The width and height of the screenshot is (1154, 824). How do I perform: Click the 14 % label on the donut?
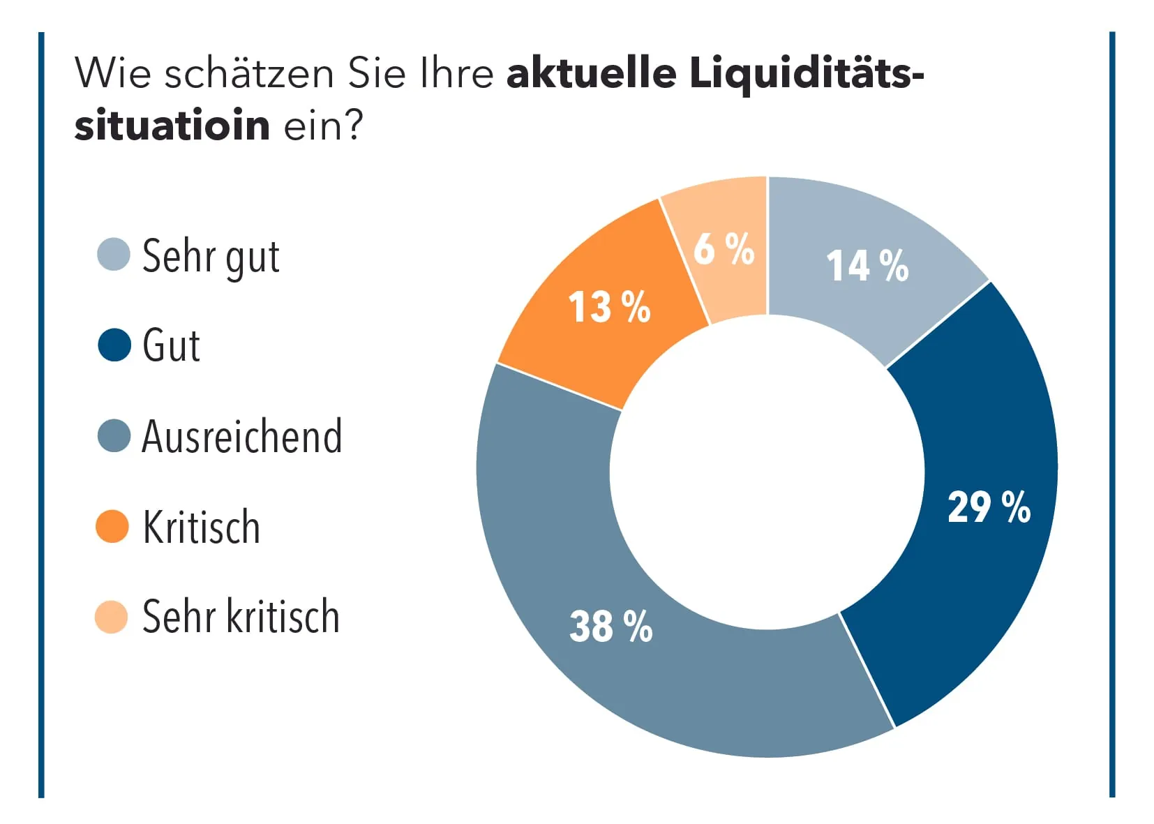[x=867, y=266]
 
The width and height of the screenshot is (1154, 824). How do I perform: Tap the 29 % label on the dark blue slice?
[x=989, y=507]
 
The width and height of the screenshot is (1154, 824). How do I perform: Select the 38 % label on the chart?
[x=610, y=626]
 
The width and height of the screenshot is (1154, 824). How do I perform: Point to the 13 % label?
[x=608, y=307]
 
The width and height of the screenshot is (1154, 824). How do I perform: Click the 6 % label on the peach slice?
[x=724, y=249]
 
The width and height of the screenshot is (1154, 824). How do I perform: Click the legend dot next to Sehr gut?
[x=113, y=255]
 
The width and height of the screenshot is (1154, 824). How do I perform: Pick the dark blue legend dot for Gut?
[x=114, y=345]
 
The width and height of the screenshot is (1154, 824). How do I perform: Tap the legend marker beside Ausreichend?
[x=114, y=436]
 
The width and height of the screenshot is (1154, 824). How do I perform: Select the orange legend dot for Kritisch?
[x=112, y=526]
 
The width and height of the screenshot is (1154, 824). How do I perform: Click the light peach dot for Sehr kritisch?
[x=112, y=617]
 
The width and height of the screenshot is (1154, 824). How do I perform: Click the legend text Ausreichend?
[x=241, y=437]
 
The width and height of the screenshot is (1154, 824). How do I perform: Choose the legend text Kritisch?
[x=201, y=527]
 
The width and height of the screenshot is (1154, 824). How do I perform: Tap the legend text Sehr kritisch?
[x=241, y=617]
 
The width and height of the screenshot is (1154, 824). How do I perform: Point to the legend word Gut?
[x=171, y=345]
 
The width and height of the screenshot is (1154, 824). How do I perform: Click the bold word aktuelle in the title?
[x=591, y=73]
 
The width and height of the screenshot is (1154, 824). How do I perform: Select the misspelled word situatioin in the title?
[x=172, y=126]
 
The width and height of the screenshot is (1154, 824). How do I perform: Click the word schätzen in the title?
[x=249, y=73]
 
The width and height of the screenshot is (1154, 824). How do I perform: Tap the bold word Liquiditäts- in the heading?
[x=807, y=74]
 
